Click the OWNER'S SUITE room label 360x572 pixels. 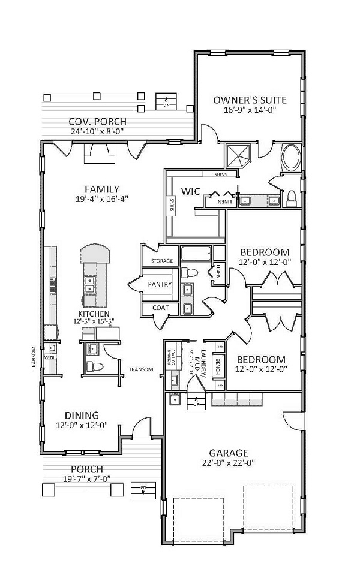tap(250, 100)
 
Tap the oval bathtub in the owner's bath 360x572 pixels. tap(292, 158)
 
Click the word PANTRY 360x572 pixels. tap(159, 285)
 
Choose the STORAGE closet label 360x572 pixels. tap(161, 261)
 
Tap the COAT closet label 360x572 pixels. tap(160, 308)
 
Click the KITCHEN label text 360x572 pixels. tap(94, 314)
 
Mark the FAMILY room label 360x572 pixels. tap(101, 189)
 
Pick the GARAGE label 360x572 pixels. tap(229, 453)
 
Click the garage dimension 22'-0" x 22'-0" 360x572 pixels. tap(228, 462)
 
